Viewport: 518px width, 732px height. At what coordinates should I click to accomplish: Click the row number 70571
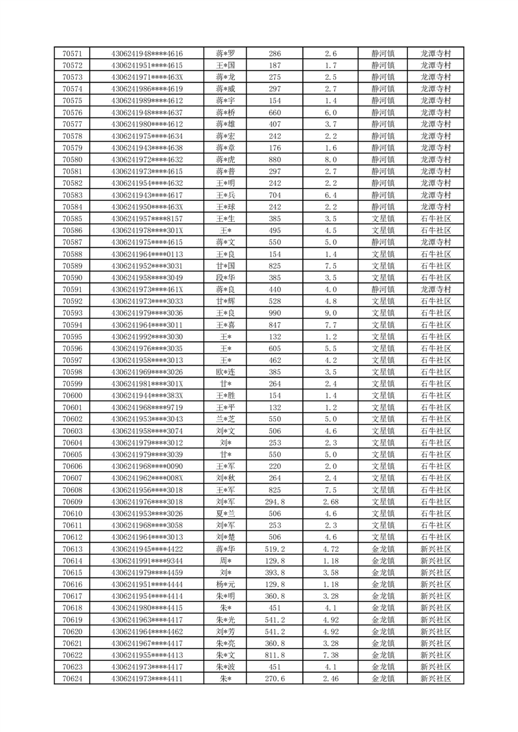(72, 53)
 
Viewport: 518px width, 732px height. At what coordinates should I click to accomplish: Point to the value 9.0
(330, 313)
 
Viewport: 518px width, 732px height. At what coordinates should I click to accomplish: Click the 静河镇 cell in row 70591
(382, 290)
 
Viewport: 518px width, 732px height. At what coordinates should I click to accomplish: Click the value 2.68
(330, 502)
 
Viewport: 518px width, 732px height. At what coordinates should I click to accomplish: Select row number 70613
(72, 549)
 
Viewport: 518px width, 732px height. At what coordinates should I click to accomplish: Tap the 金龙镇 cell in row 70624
(382, 679)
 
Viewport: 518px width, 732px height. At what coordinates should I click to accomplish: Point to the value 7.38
(330, 655)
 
